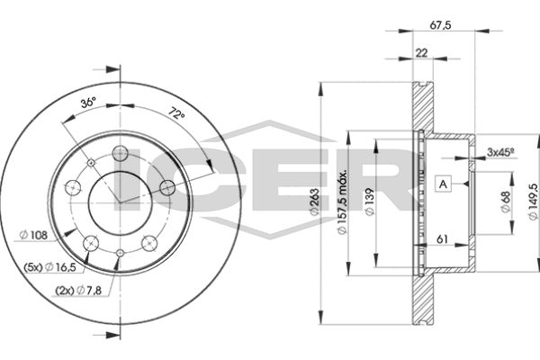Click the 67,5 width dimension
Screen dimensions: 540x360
[x=440, y=25]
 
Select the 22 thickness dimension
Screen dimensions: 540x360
[x=421, y=53]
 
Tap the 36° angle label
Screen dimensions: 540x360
[x=88, y=103]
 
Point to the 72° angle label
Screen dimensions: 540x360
[x=176, y=113]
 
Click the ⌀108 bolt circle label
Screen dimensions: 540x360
[x=34, y=236]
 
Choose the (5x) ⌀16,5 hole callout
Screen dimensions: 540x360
[x=49, y=266]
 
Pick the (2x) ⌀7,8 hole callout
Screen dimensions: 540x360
[x=78, y=291]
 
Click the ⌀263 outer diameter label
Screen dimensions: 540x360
[x=315, y=202]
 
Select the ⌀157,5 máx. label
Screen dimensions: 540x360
[x=342, y=202]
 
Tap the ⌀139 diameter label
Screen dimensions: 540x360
[x=370, y=202]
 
